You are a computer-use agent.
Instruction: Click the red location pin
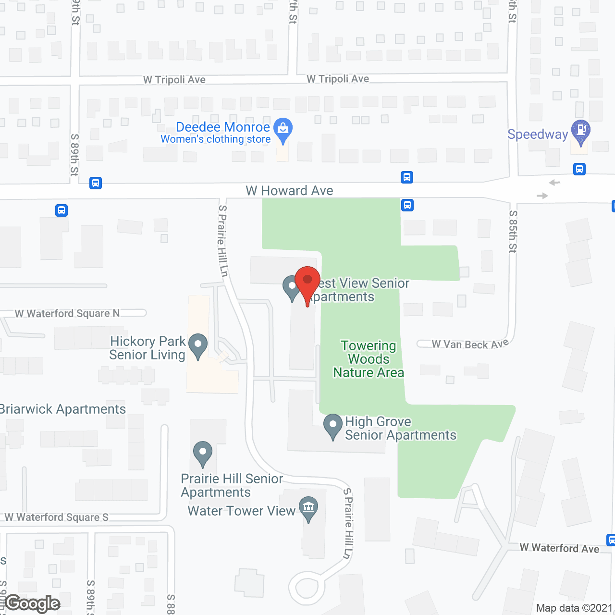[307, 281]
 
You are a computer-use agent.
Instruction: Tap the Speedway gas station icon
[581, 130]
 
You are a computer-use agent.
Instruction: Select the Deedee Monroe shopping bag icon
[283, 129]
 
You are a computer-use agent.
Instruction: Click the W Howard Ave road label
[289, 191]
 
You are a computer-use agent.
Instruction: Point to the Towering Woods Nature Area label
[369, 359]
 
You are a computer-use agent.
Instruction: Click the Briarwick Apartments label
[63, 409]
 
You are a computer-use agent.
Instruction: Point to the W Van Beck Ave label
[470, 344]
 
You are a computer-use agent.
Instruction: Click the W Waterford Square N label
[67, 314]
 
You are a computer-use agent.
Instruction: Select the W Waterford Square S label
[57, 517]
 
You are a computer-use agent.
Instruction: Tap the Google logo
[33, 603]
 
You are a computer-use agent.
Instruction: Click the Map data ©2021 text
[574, 608]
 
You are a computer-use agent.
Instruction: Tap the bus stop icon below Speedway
[579, 169]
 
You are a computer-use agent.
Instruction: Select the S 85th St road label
[513, 231]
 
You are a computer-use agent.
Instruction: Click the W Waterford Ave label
[559, 548]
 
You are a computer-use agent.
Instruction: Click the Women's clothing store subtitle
[216, 139]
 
